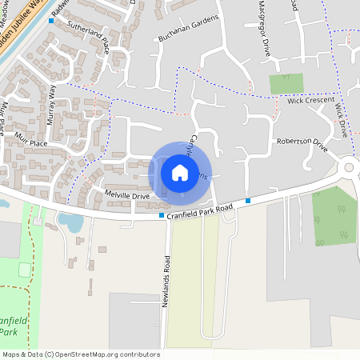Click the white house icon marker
click(x=180, y=173)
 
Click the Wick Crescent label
click(x=308, y=102)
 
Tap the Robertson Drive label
click(x=302, y=145)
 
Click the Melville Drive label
click(x=127, y=195)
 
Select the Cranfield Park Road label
click(x=200, y=210)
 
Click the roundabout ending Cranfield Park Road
click(x=350, y=167)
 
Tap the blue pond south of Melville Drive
click(x=70, y=222)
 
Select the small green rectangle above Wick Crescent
click(x=286, y=83)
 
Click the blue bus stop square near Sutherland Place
click(x=52, y=22)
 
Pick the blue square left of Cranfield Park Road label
click(x=162, y=215)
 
